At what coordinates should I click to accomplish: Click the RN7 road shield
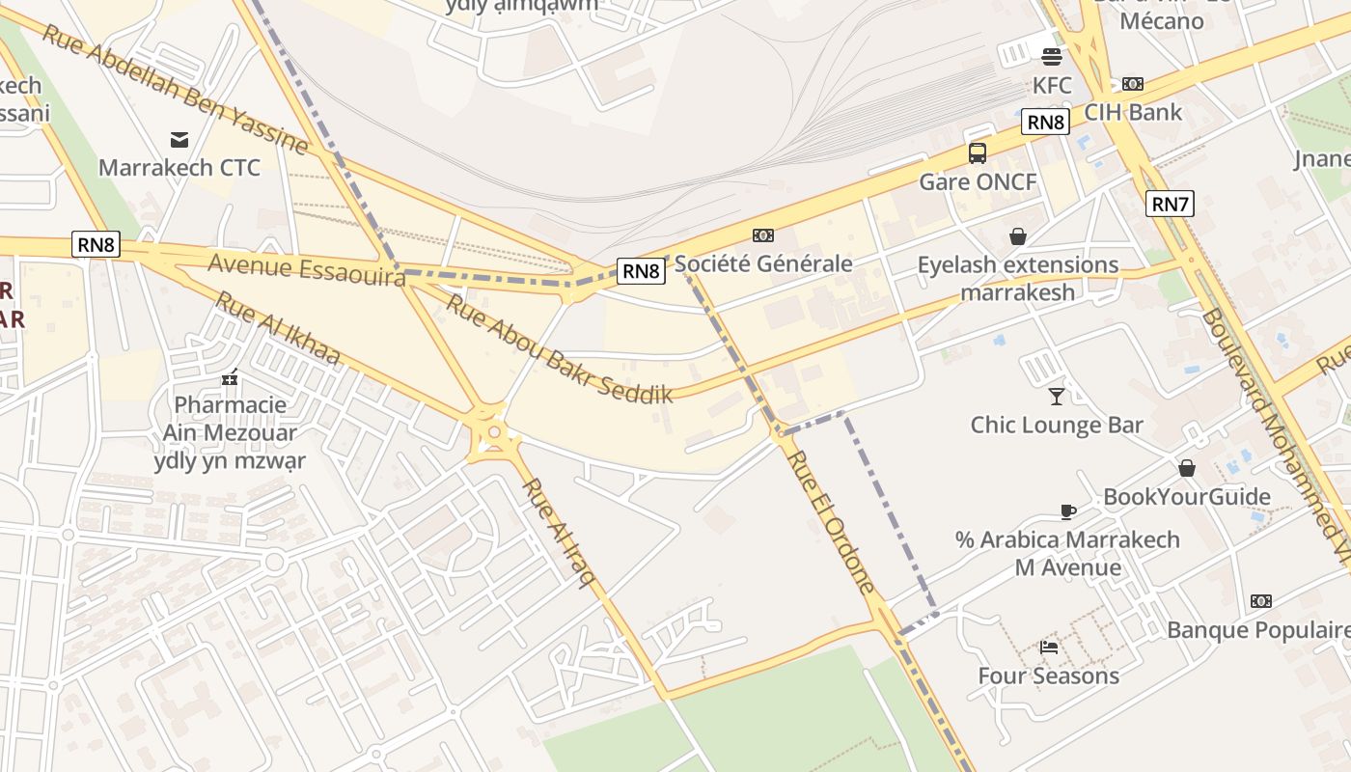pyautogui.click(x=1170, y=204)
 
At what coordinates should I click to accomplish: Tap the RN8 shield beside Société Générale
pyautogui.click(x=641, y=271)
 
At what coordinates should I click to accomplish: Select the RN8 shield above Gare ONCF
pyautogui.click(x=1045, y=122)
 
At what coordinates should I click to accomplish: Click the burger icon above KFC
pyautogui.click(x=1051, y=56)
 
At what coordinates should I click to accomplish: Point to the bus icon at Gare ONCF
pyautogui.click(x=978, y=153)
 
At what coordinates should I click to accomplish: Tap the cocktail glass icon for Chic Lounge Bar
pyautogui.click(x=1057, y=396)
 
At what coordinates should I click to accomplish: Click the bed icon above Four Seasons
pyautogui.click(x=1049, y=647)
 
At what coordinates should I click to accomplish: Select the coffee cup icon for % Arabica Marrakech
pyautogui.click(x=1067, y=510)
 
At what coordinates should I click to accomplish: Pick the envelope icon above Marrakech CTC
pyautogui.click(x=179, y=140)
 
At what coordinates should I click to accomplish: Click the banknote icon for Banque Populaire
pyautogui.click(x=1260, y=601)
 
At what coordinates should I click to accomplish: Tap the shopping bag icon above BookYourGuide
pyautogui.click(x=1187, y=468)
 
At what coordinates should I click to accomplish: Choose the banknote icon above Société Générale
pyautogui.click(x=763, y=235)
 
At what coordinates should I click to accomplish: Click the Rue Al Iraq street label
pyautogui.click(x=558, y=532)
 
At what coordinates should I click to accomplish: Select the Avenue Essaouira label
pyautogui.click(x=306, y=269)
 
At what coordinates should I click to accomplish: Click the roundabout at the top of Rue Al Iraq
pyautogui.click(x=493, y=433)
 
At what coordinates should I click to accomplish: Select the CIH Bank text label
pyautogui.click(x=1133, y=112)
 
